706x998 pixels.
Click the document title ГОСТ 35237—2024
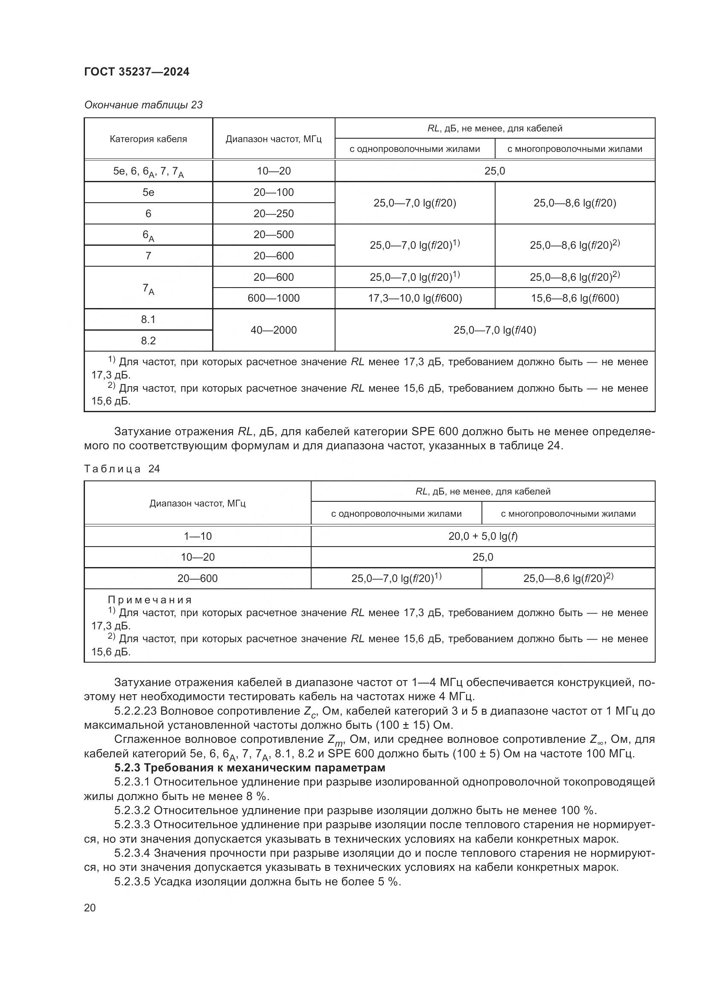coord(137,72)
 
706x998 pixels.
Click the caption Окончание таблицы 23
coord(143,105)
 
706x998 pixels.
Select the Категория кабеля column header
coord(148,139)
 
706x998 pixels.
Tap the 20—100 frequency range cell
coord(274,192)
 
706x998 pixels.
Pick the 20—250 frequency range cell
coord(274,213)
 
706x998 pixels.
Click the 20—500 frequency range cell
coord(274,235)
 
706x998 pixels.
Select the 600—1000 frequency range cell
coord(274,298)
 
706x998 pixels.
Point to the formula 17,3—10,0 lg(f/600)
coord(415,298)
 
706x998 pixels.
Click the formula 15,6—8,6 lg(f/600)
coord(575,298)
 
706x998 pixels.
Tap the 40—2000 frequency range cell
coord(274,330)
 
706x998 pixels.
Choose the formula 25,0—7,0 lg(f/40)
coord(495,330)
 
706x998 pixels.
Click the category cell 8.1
coord(148,320)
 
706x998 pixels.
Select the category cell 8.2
coord(148,341)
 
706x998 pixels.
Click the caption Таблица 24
coord(122,468)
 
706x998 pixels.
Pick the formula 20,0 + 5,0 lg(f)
coord(483,536)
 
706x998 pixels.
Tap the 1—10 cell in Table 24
coord(197,536)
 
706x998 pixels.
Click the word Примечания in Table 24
coord(149,600)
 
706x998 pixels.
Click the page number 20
coord(90,908)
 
